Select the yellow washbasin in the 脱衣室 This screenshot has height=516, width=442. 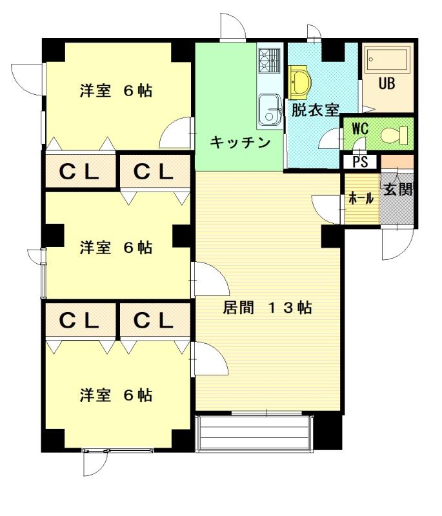[299, 81]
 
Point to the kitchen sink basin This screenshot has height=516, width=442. [268, 108]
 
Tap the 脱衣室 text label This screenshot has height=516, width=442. [315, 110]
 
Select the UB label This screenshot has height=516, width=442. [387, 84]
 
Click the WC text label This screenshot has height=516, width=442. [359, 128]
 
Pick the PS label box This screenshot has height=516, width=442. [360, 162]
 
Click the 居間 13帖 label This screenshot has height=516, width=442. [267, 308]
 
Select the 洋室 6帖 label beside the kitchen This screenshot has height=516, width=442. [116, 91]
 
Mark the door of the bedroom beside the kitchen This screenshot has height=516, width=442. [177, 134]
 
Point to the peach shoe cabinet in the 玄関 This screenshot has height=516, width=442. [397, 162]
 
